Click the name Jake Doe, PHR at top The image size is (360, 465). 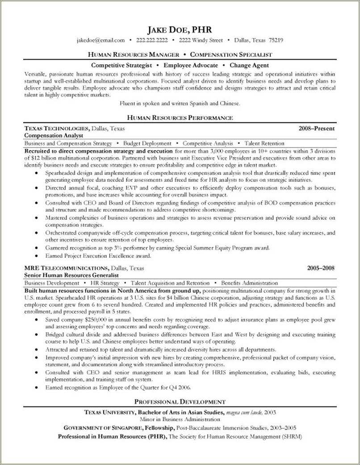pos(180,30)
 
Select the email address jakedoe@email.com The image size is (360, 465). pos(100,40)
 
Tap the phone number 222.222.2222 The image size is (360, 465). pos(151,40)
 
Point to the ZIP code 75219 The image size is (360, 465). pos(275,40)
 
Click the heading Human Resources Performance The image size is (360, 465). pos(180,118)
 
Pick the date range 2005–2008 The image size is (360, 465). pos(321,268)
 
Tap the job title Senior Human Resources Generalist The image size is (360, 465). pos(71,276)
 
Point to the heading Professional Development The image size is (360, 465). pos(180,402)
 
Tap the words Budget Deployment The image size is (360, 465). pos(147,143)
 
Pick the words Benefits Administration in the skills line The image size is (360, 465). pos(249,283)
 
